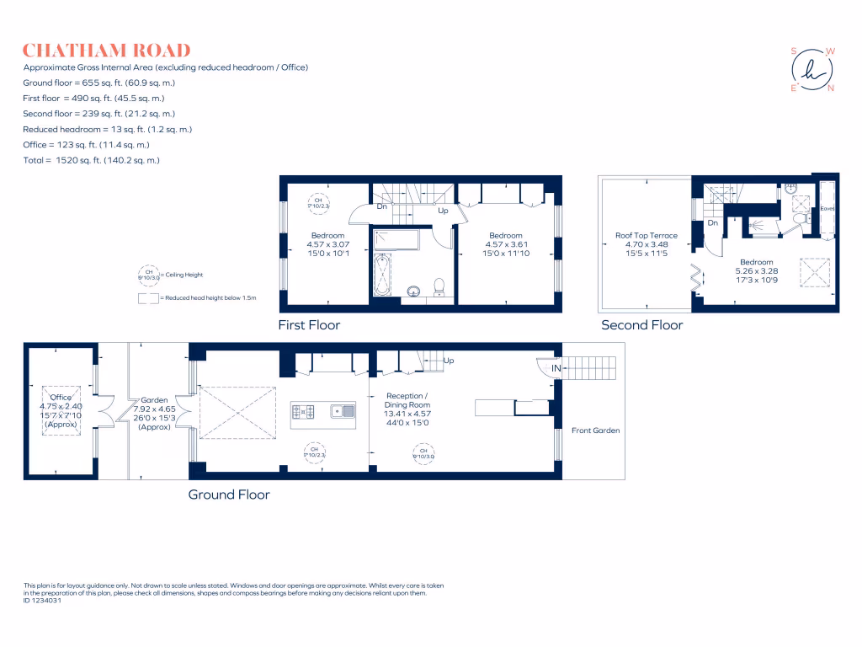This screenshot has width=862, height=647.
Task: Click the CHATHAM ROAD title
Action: coord(107,51)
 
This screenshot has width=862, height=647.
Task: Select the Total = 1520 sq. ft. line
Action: coord(92,160)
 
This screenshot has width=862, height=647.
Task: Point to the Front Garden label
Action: coord(596,430)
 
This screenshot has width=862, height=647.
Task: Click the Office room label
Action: coord(61,397)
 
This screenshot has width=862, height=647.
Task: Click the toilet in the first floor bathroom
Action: coord(438,289)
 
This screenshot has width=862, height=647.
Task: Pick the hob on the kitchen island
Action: coord(303,411)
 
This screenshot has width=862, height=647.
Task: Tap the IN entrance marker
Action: coord(556,369)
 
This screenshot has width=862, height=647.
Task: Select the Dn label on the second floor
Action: coord(712,223)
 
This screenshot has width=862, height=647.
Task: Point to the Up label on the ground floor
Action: coord(449,361)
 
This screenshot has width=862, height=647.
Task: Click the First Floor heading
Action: coord(309,324)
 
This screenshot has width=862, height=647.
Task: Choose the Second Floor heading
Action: coord(641,324)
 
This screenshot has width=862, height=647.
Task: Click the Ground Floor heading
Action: coord(229,495)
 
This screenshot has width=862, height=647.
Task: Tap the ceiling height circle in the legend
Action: coord(147,275)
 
